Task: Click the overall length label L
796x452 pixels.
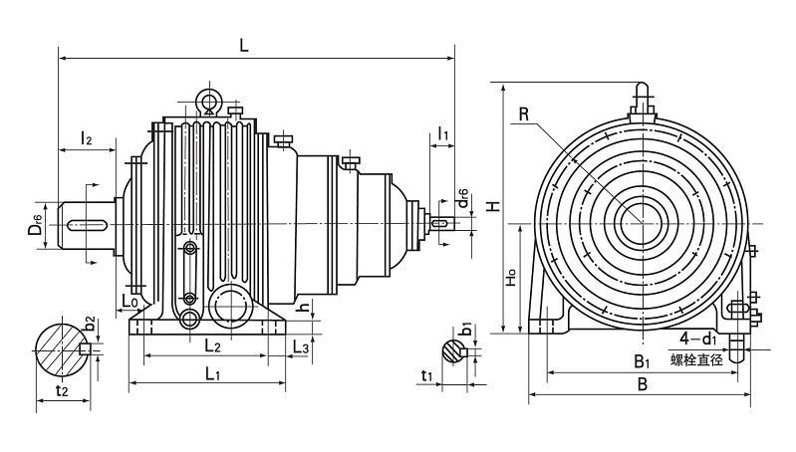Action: pyautogui.click(x=243, y=44)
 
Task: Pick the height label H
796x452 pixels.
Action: pyautogui.click(x=491, y=204)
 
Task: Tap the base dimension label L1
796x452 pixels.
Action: pyautogui.click(x=212, y=373)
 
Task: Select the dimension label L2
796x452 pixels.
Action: pyautogui.click(x=211, y=345)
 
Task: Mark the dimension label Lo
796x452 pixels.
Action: pyautogui.click(x=131, y=300)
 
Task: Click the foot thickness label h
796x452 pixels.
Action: pyautogui.click(x=305, y=307)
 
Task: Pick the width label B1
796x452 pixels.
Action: pyautogui.click(x=643, y=361)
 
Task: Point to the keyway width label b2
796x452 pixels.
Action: pyautogui.click(x=90, y=324)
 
